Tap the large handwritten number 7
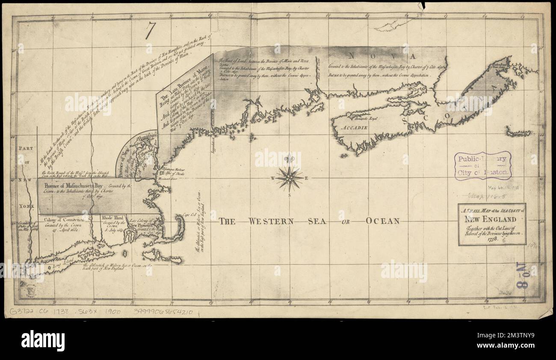(x=150, y=31)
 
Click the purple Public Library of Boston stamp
(x=482, y=165)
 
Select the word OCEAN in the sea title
(x=382, y=221)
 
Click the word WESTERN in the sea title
(x=272, y=221)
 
